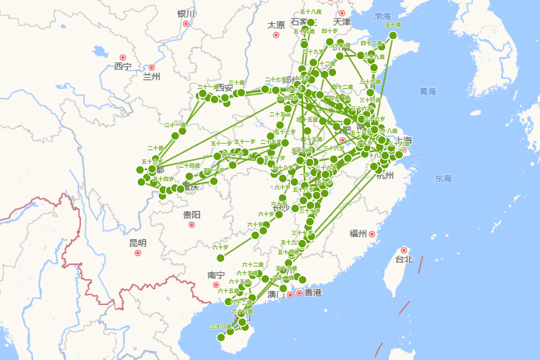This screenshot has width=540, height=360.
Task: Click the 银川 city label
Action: pos(186,13)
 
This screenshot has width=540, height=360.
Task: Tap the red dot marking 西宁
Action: pos(122,58)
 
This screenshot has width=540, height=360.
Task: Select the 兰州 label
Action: pos(151,76)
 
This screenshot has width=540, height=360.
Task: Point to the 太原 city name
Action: pos(276,24)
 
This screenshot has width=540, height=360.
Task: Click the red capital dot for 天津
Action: pos(342,13)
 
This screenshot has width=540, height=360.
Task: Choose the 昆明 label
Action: pos(138,243)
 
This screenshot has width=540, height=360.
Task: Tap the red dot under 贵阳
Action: pos(192,225)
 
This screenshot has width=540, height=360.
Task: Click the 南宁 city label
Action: pos(216,275)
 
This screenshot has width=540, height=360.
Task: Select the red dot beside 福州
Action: pos(372,234)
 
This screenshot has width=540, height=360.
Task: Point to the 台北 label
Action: pos(404,260)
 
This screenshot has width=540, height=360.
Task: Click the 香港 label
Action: pos(313,293)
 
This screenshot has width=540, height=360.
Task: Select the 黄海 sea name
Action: pos(428,92)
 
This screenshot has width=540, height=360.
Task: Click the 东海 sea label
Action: pos(443,179)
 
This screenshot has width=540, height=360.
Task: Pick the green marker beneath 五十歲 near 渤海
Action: pos(393,35)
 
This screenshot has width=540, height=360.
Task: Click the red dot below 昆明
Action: pos(138,253)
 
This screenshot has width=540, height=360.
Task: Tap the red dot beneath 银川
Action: pos(186,23)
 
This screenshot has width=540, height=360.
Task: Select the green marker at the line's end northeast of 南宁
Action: pos(220,258)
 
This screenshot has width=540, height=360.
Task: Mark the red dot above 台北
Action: pos(404,250)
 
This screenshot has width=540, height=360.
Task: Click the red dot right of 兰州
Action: pos(152,67)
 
